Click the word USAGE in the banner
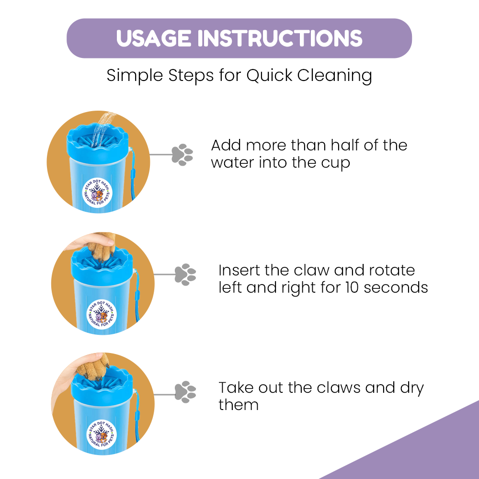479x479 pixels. click(x=154, y=38)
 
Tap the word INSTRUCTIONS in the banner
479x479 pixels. click(x=280, y=38)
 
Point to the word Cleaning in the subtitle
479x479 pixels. click(x=334, y=76)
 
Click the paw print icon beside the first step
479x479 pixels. click(x=182, y=155)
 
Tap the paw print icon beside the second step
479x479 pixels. click(x=185, y=274)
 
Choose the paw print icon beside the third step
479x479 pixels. click(x=185, y=392)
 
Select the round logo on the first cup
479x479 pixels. click(x=97, y=193)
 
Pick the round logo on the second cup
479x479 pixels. click(x=102, y=314)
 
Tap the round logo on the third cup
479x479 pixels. click(x=102, y=434)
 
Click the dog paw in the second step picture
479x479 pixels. click(x=103, y=247)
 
